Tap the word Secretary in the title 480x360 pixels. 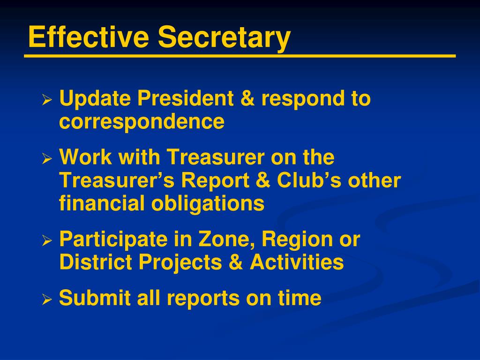pyautogui.click(x=224, y=38)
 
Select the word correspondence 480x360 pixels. pyautogui.click(x=142, y=122)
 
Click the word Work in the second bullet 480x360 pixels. pyautogui.click(x=86, y=157)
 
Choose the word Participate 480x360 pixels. pyautogui.click(x=113, y=240)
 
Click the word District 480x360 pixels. pyautogui.click(x=96, y=262)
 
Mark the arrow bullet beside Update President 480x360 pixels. pyautogui.click(x=46, y=100)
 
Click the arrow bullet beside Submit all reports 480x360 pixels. pyautogui.click(x=46, y=300)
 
